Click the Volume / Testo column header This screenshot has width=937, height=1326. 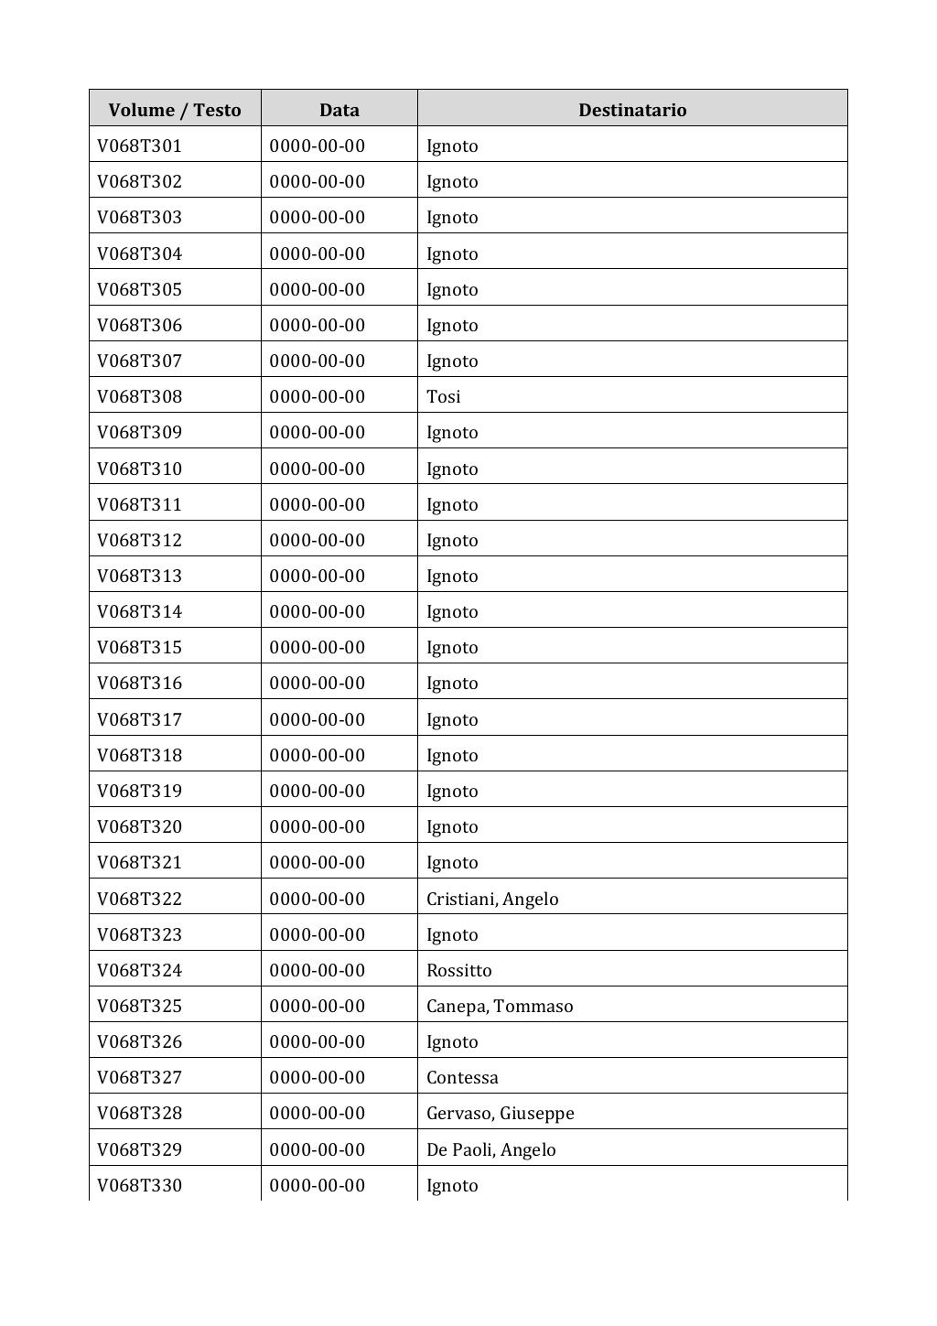click(175, 110)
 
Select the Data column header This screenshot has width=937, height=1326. click(339, 110)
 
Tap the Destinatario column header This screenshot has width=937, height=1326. click(632, 110)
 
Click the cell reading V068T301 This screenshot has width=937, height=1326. click(140, 146)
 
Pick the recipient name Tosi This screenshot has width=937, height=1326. click(444, 396)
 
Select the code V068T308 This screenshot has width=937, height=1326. click(140, 396)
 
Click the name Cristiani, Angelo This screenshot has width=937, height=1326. click(492, 899)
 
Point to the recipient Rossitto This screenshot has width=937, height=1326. click(459, 970)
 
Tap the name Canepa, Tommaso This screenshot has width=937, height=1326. click(500, 1006)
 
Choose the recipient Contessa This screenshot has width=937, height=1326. click(462, 1077)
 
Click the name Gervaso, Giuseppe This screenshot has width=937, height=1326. click(501, 1113)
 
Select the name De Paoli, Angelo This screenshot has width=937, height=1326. click(491, 1149)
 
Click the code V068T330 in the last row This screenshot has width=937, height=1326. click(140, 1185)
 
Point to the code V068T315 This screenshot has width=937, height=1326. click(140, 647)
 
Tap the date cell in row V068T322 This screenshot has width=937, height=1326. click(318, 899)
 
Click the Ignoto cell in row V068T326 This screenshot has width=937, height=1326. click(452, 1041)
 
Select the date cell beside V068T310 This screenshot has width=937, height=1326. click(318, 469)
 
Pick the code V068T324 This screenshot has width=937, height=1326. click(140, 970)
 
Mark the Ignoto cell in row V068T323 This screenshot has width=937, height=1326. click(452, 934)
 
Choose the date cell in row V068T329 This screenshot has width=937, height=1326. click(318, 1149)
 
